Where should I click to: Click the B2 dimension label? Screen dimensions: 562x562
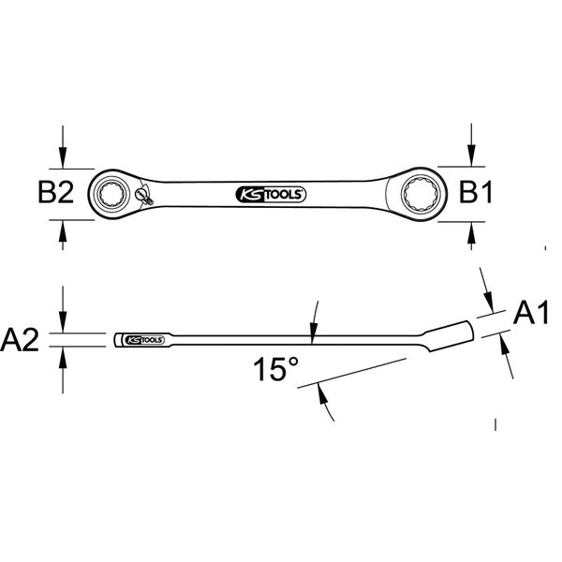click(x=56, y=192)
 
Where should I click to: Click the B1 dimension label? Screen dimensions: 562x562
click(x=476, y=192)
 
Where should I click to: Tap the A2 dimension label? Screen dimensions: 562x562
click(x=20, y=340)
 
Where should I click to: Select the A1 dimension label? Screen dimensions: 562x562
click(x=531, y=313)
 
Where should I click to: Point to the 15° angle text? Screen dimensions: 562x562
click(x=276, y=370)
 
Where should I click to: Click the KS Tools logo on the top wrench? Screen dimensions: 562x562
click(x=271, y=195)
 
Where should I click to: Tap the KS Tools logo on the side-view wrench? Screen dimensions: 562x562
click(x=143, y=340)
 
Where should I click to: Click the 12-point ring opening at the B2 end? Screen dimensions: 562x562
click(x=111, y=194)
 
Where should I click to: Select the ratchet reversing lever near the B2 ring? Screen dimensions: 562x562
click(x=144, y=196)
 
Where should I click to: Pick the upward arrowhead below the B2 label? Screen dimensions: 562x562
click(x=63, y=230)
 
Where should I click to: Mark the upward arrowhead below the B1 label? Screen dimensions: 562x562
click(x=471, y=232)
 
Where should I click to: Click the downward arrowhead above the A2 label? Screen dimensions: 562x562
click(x=63, y=322)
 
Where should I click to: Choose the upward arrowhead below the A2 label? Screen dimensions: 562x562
click(x=63, y=358)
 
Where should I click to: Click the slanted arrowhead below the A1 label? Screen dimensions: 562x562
click(x=505, y=343)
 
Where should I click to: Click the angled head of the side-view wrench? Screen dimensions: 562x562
click(x=450, y=336)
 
